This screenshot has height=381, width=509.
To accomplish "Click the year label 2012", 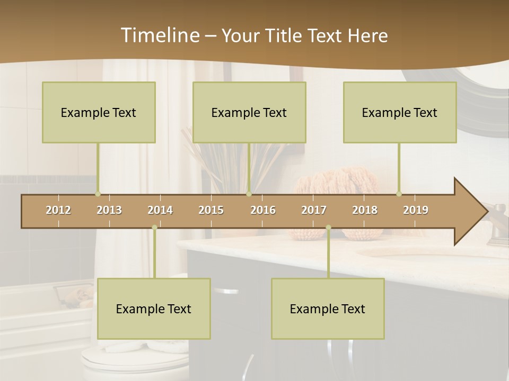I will click(x=58, y=210).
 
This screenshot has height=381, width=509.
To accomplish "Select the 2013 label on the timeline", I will click(x=109, y=210).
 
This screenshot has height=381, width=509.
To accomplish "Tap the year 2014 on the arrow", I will click(x=160, y=210).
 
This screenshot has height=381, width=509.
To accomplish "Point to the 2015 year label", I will click(x=211, y=210).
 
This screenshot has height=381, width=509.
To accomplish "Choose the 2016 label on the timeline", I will click(x=263, y=210).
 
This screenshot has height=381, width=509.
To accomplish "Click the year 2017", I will click(x=314, y=210).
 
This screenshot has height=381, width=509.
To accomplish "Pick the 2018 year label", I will click(x=365, y=210).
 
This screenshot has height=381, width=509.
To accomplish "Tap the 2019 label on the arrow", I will click(x=416, y=210).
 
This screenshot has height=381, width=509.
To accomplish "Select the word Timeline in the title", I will click(x=159, y=35).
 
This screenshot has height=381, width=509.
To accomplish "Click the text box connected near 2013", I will click(x=99, y=112).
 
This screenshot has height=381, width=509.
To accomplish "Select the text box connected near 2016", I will click(x=249, y=112).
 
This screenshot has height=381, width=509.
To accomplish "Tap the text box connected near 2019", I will click(x=400, y=112).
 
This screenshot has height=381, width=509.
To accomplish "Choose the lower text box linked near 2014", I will click(x=154, y=309).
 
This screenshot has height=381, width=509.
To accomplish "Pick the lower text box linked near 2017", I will click(x=328, y=309).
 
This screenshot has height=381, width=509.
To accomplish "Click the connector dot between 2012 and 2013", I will click(x=98, y=194).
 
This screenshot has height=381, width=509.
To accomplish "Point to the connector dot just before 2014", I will click(x=154, y=228).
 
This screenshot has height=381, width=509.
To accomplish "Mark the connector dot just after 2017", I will click(x=328, y=228).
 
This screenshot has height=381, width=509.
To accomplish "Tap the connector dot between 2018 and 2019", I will click(x=399, y=194).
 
